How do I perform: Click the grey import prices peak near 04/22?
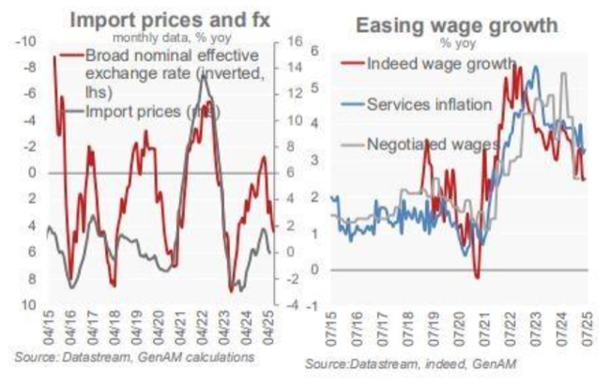tap(205, 73)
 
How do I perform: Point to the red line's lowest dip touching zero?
tap(477, 276)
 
